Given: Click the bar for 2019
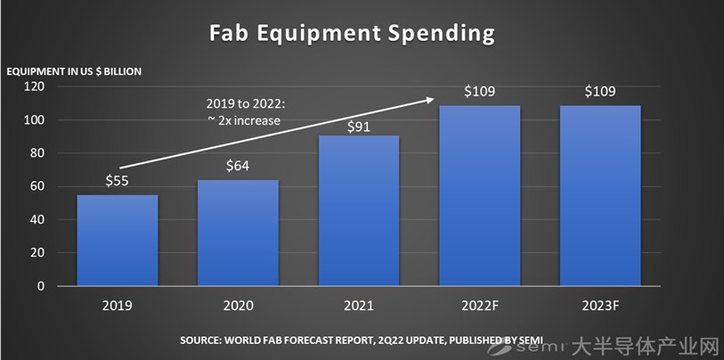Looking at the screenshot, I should tap(118, 241).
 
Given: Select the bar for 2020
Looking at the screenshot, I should tap(238, 233).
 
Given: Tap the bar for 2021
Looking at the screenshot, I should tap(359, 211).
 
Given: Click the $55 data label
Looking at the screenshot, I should tap(118, 182).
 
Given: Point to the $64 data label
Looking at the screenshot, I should tap(238, 167).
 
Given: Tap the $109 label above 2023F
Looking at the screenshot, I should tap(599, 92).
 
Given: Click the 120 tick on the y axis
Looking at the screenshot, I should tap(35, 87).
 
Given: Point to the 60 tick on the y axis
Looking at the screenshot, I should tap(37, 187).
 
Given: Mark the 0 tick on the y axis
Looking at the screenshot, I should tap(41, 287).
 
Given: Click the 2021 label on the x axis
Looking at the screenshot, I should tap(359, 306).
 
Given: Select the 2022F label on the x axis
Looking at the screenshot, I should tap(479, 306).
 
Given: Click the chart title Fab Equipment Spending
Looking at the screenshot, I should tap(352, 34).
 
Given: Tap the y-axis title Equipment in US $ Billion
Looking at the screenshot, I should tap(74, 70).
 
